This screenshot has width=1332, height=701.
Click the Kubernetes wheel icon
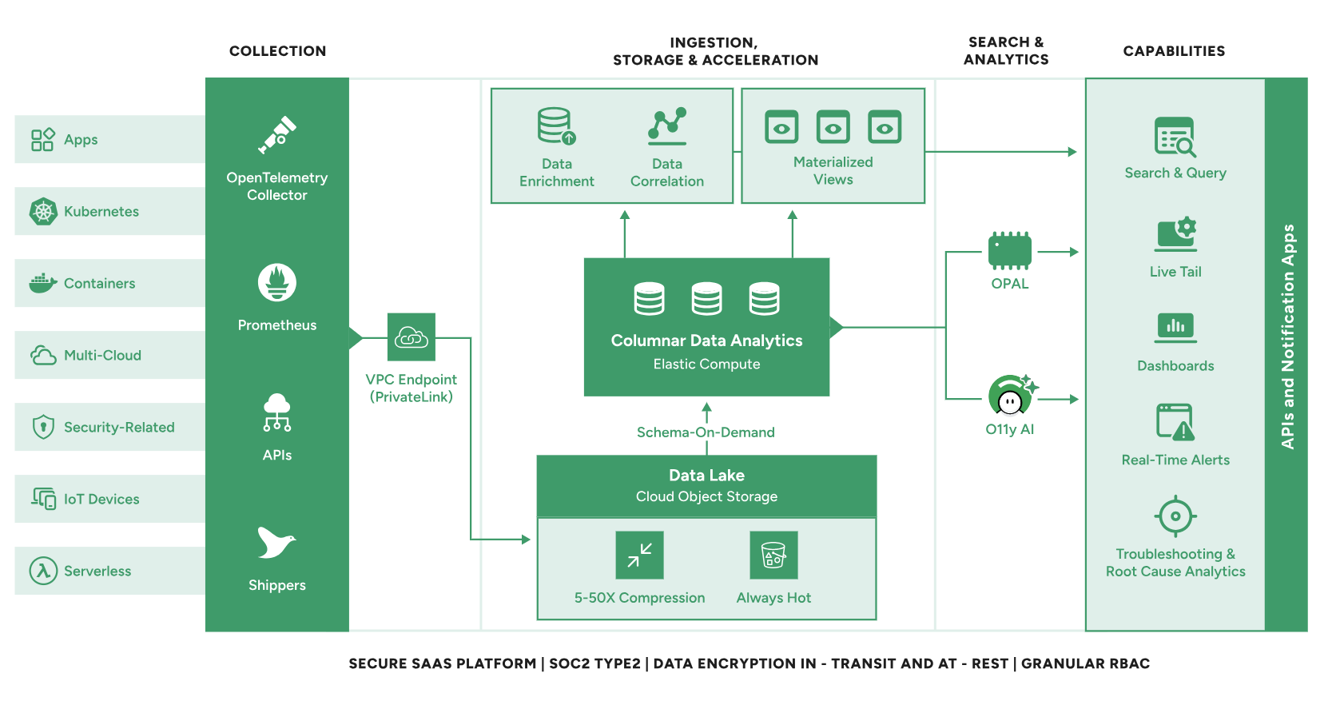coord(43,211)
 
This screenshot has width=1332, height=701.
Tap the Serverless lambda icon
coord(43,571)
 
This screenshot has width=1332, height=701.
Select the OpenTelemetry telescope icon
coord(277,135)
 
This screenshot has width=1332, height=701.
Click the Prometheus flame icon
coord(277,282)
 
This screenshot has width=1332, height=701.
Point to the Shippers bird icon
coord(276,543)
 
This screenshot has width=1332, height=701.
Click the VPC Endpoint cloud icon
coord(412,337)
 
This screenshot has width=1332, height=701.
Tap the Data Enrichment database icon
coord(556,126)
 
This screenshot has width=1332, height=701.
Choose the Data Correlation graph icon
coord(667,125)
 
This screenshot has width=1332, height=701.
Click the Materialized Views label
coord(833,171)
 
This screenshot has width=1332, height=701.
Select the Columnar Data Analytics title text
coord(706,341)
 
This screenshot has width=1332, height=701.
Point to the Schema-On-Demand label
coord(706,432)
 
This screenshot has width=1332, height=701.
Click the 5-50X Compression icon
coord(639,555)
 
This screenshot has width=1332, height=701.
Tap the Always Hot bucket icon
coord(773,555)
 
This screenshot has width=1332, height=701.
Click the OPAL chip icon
coord(1010,251)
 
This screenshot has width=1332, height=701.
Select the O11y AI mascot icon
coord(1011,395)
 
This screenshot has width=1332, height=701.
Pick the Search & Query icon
coord(1175,137)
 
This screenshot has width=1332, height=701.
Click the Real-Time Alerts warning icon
coord(1175,422)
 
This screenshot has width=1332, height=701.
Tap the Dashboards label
coord(1175,366)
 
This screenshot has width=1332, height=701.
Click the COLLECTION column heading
coord(277,51)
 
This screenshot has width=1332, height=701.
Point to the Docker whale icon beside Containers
coord(43,283)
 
